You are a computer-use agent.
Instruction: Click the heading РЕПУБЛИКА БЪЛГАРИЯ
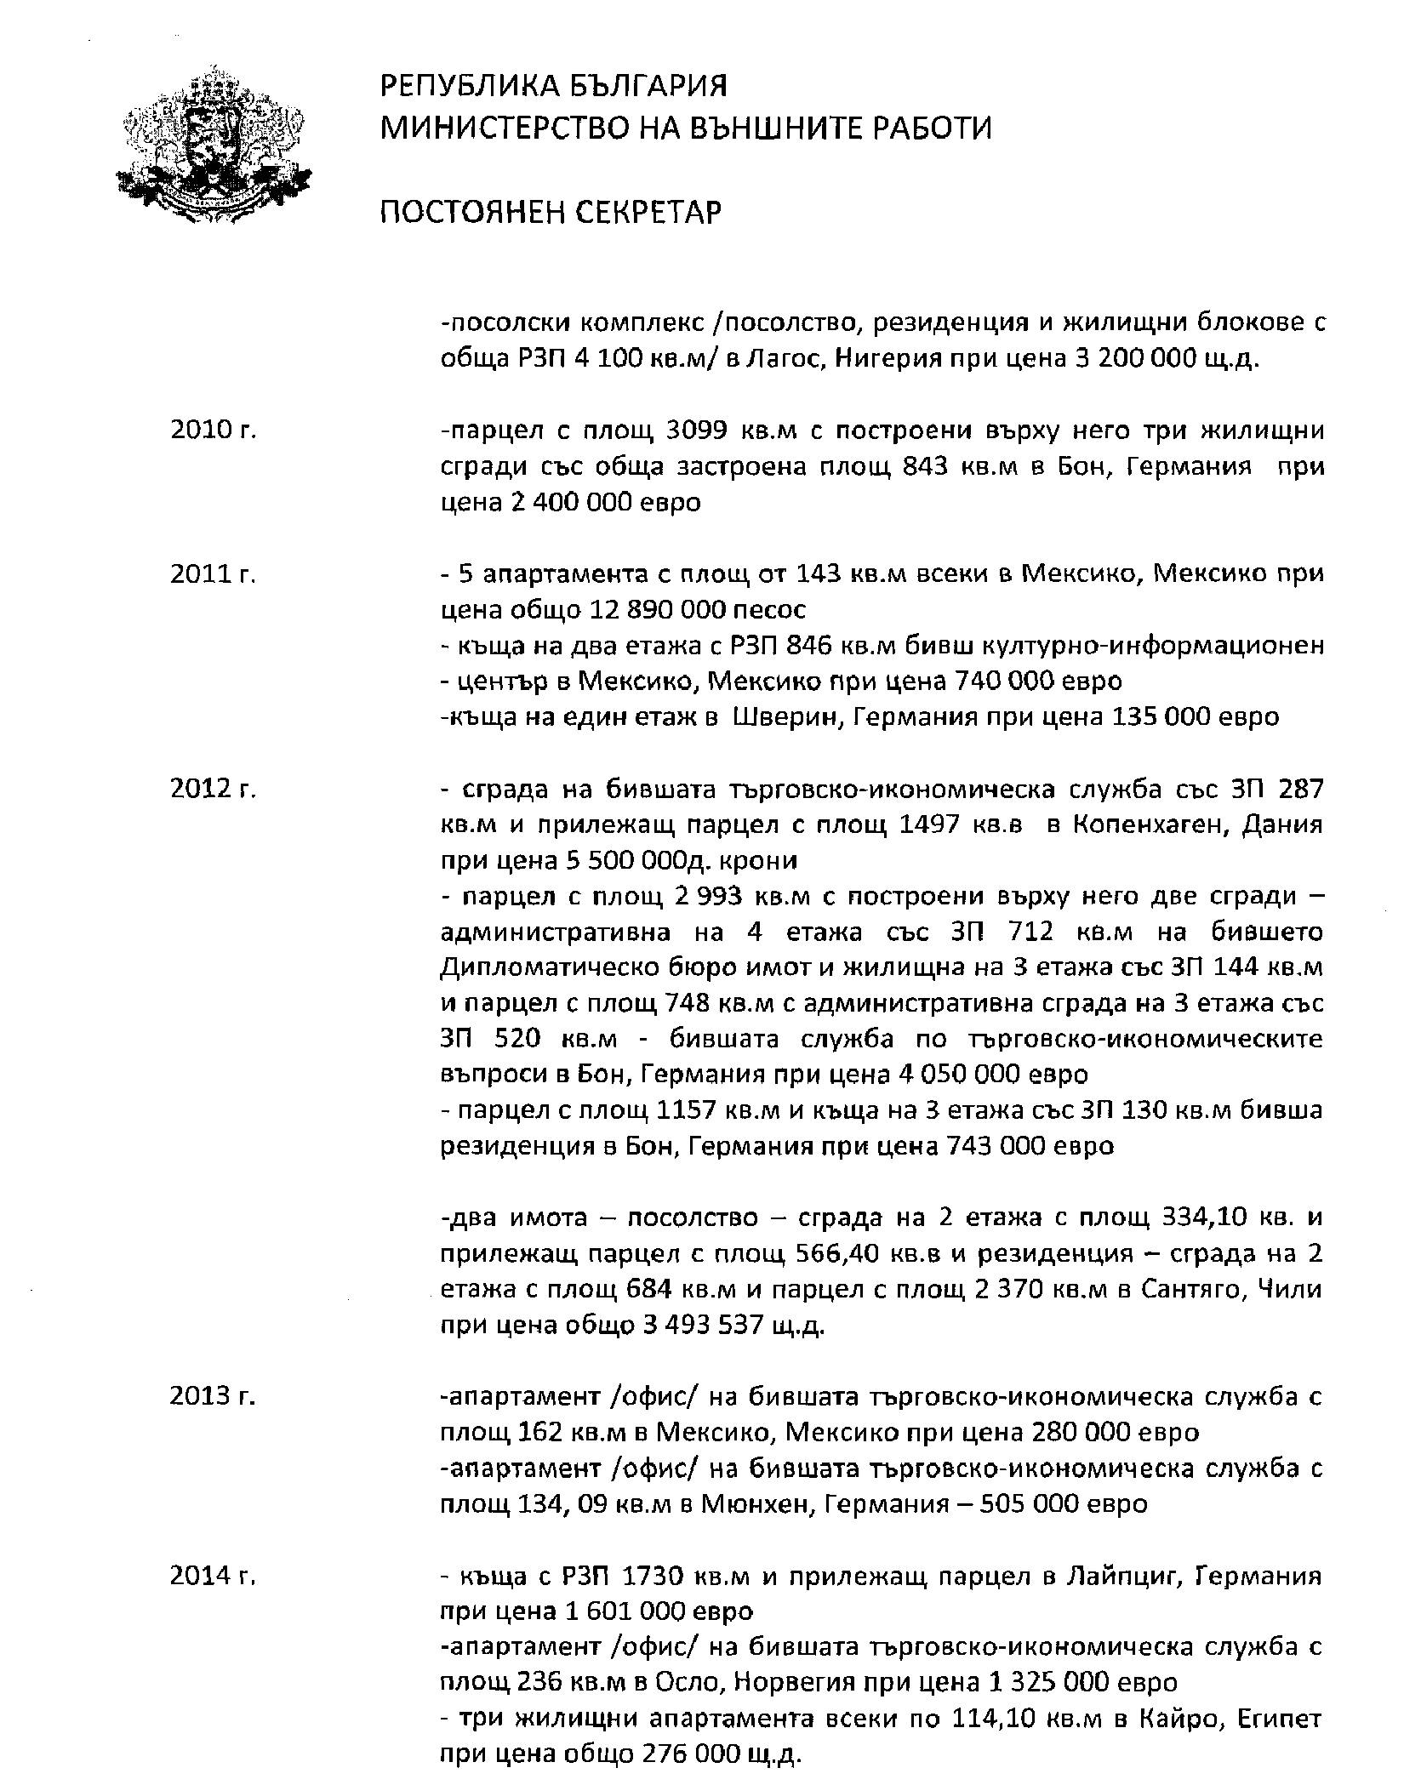tap(553, 87)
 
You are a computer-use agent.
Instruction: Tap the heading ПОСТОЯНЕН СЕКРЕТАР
tap(550, 212)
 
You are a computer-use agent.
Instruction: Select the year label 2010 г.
tap(213, 431)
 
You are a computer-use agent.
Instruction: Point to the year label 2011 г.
tap(213, 574)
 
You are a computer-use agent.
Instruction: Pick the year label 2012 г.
tap(213, 790)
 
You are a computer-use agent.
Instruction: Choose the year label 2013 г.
tap(213, 1397)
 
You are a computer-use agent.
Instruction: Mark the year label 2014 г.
tap(213, 1576)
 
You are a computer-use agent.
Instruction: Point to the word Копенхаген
tap(1145, 825)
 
